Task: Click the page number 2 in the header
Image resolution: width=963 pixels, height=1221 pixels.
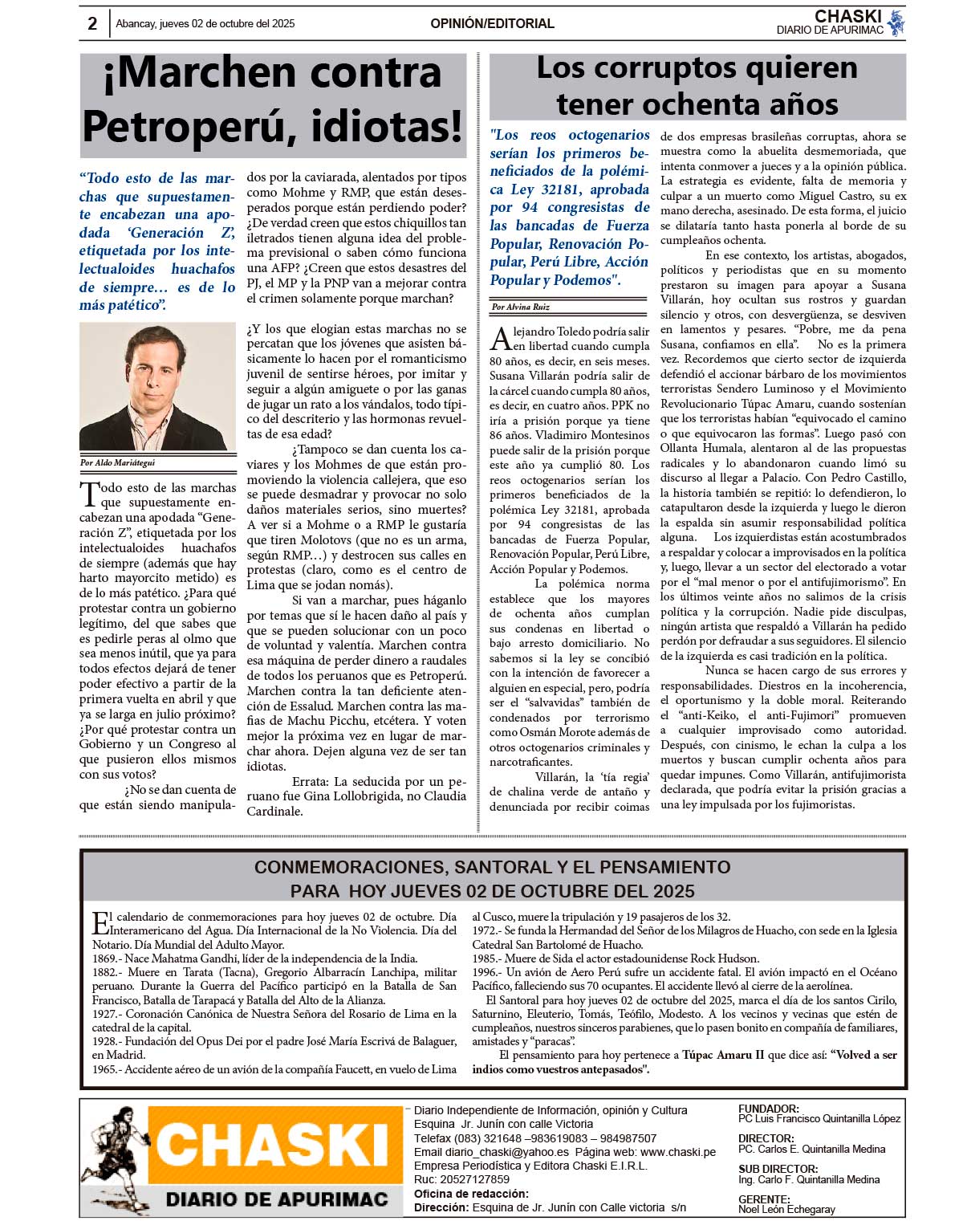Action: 92,24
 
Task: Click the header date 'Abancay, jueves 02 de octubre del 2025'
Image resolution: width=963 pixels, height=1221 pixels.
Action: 205,24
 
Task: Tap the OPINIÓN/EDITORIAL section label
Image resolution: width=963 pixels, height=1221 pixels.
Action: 492,24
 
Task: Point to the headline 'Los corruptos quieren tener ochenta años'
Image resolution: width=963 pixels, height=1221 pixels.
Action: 697,87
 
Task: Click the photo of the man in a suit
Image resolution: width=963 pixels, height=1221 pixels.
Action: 157,387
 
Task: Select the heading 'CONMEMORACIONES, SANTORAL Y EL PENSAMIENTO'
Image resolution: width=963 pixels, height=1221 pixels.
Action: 492,867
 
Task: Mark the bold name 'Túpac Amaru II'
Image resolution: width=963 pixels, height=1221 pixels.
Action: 722,1055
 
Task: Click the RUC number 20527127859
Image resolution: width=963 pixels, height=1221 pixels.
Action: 473,1179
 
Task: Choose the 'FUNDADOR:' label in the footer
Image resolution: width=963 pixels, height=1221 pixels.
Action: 768,1109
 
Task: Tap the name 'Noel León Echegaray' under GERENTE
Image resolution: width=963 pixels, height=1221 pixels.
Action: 786,1209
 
